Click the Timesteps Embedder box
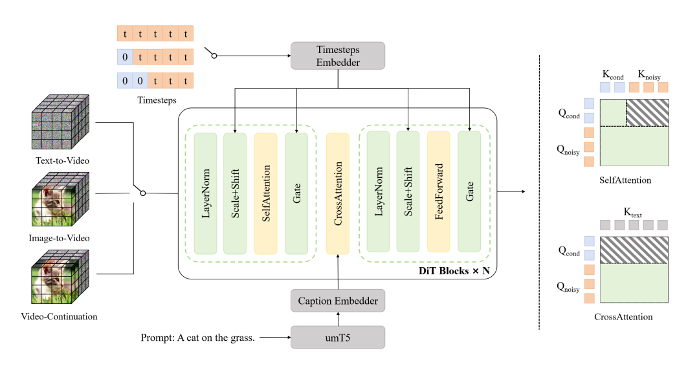(338, 56)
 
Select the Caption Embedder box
(338, 301)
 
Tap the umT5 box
(338, 337)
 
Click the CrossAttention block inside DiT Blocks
(338, 193)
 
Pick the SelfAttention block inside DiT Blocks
(266, 193)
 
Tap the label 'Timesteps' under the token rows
(155, 100)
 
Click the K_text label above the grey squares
(632, 211)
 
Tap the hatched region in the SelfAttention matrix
(648, 112)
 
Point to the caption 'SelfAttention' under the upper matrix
(625, 180)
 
